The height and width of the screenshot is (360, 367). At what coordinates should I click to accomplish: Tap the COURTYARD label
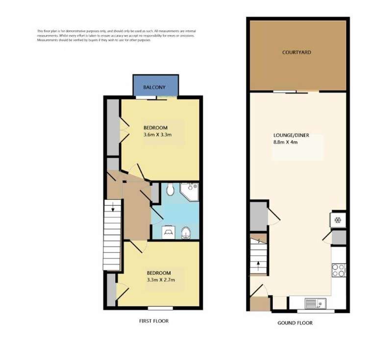(296, 52)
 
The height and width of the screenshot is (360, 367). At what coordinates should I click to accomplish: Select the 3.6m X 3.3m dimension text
(157, 135)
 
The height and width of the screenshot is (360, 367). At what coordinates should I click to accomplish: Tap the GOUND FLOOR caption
(295, 323)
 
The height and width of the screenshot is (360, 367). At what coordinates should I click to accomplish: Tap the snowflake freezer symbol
(338, 220)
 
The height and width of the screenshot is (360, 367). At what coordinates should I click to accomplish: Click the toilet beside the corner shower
(170, 188)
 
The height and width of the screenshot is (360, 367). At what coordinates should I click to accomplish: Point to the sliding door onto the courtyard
(291, 92)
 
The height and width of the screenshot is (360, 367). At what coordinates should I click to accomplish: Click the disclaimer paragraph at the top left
(116, 36)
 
